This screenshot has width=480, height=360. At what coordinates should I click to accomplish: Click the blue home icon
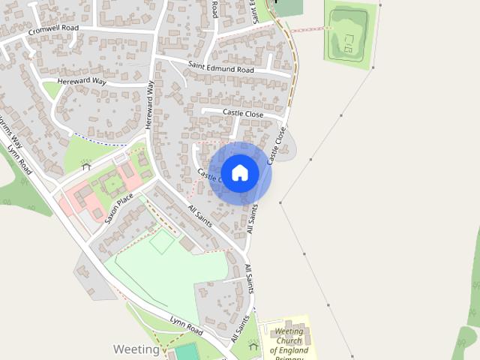(240, 172)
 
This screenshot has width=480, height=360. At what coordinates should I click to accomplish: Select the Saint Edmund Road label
(221, 68)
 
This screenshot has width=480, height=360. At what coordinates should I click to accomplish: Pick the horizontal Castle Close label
(243, 113)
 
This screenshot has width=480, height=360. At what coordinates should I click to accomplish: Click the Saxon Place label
(118, 208)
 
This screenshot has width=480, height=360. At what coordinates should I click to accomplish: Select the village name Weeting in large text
(136, 349)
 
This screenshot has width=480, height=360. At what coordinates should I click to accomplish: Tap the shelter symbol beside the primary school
(253, 346)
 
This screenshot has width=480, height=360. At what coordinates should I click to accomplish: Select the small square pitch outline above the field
(161, 241)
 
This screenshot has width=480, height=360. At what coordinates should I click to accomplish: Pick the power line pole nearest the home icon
(280, 202)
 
